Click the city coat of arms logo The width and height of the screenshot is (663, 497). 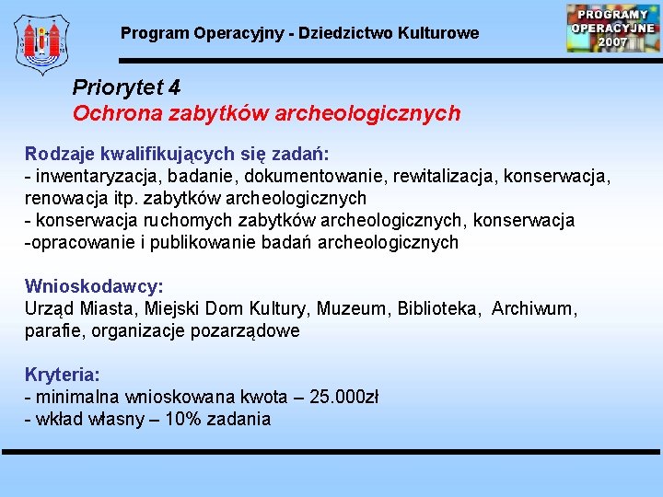point(42,44)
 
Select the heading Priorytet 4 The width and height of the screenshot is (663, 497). point(126,87)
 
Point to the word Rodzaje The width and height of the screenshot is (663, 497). point(55,153)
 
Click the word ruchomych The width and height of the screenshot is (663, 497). point(197,220)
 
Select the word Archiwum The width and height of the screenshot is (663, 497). point(535,308)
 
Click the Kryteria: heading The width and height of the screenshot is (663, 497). point(63,375)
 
